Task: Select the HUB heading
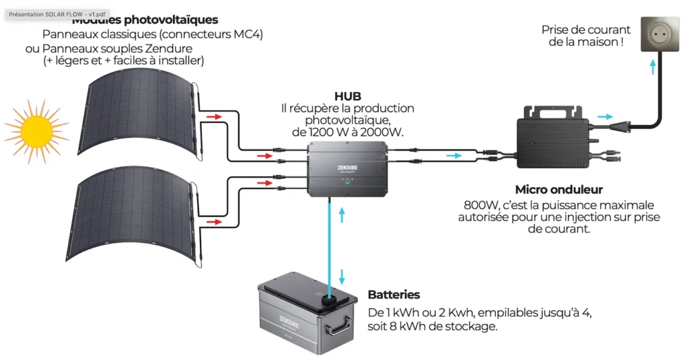(347, 96)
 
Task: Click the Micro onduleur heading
(558, 190)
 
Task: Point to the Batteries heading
(394, 295)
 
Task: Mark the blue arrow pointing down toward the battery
(342, 277)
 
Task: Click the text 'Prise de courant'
(586, 30)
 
